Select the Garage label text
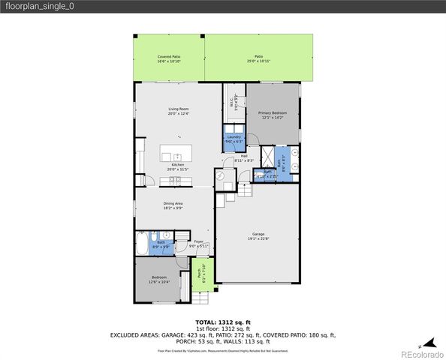pyautogui.click(x=258, y=237)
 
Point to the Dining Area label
pyautogui.click(x=173, y=205)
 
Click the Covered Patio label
pyautogui.click(x=169, y=59)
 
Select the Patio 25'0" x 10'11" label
pyautogui.click(x=258, y=59)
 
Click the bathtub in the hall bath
pyautogui.click(x=143, y=244)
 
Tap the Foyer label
pyautogui.click(x=199, y=244)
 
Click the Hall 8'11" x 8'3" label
pyautogui.click(x=244, y=158)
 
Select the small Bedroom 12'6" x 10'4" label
pyautogui.click(x=158, y=280)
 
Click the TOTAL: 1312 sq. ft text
pyautogui.click(x=222, y=321)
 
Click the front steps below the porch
pyautogui.click(x=200, y=296)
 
